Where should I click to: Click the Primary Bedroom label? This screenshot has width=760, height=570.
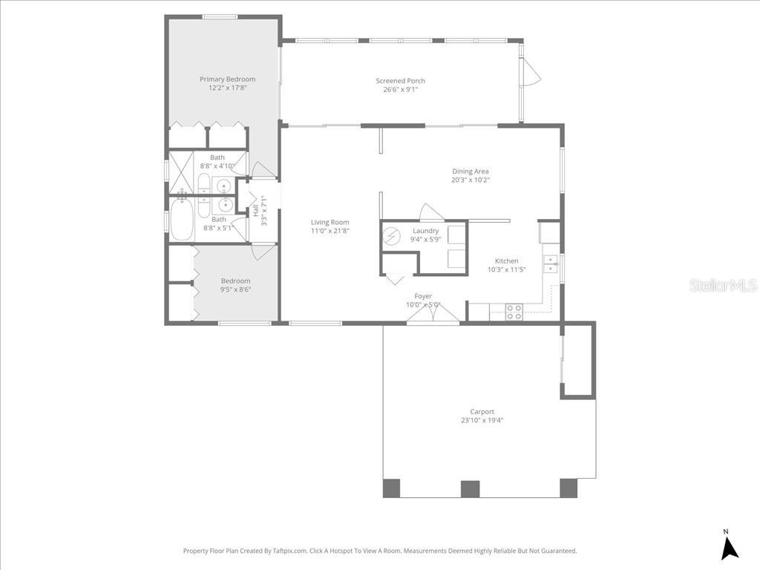227,79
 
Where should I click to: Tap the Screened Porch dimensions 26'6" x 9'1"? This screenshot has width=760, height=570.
400,90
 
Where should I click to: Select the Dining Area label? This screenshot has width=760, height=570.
471,171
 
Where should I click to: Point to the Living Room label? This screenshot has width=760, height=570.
330,222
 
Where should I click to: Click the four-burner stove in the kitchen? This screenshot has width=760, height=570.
514,312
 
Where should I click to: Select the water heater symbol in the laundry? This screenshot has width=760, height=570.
391,237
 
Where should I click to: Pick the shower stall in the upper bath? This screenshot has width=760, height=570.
181,173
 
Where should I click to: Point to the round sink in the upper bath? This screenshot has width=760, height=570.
223,186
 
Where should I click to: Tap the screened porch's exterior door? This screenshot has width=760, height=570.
531,73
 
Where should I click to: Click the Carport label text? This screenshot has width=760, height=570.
482,411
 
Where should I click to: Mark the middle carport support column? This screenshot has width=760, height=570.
470,488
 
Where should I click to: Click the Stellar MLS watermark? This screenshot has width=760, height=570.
722,285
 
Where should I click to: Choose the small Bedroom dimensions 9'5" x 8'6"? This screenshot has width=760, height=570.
235,289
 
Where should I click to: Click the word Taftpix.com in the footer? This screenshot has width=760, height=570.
289,551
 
